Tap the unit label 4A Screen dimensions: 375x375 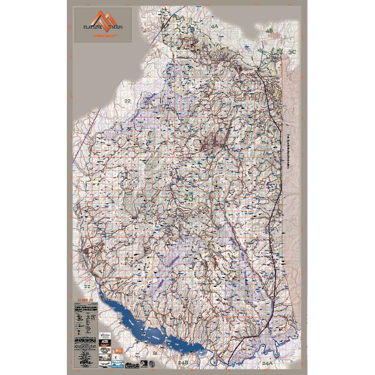coord(214,26)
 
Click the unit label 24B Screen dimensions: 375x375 coord(182,361)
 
